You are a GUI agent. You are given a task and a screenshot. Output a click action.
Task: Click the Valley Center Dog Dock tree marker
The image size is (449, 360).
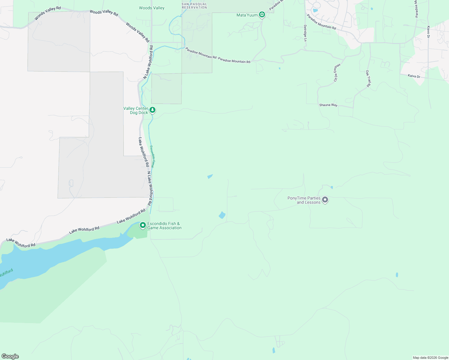[x=152, y=110]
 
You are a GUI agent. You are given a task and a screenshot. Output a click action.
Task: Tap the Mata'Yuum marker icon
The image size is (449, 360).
[x=262, y=14]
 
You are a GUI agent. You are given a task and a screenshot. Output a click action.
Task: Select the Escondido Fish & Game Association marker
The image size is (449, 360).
[x=143, y=225]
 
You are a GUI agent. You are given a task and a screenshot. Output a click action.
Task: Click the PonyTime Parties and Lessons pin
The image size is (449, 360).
[x=325, y=199]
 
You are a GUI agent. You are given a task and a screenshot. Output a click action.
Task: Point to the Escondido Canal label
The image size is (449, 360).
[x=153, y=156]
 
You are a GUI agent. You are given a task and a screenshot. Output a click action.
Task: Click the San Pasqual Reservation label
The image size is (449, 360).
[x=194, y=6]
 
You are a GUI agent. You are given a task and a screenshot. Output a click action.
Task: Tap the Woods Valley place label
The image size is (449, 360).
[x=152, y=8]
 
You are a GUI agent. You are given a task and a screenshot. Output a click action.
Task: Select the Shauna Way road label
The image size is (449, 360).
[x=328, y=105]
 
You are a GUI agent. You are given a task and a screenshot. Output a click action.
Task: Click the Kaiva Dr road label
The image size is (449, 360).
[x=414, y=76]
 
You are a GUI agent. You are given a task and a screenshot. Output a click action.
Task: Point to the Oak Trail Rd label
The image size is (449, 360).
[x=368, y=79]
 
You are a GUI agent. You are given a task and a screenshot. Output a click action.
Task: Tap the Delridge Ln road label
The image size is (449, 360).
[x=305, y=33]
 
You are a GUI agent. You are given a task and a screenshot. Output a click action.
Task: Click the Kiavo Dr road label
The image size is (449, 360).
[x=428, y=32]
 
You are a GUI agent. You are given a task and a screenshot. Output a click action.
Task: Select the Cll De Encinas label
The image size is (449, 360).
[x=337, y=72]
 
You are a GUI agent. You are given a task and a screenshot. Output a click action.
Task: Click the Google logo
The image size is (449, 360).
[x=10, y=356]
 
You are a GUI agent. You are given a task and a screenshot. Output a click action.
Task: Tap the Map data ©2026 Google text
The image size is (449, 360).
[x=430, y=358]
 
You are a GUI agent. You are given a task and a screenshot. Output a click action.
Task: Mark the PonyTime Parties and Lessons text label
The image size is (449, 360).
[x=304, y=200]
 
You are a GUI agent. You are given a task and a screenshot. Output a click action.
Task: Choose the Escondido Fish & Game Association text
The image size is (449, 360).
[x=164, y=226]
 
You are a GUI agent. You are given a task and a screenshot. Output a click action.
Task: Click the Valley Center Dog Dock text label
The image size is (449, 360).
[x=136, y=110]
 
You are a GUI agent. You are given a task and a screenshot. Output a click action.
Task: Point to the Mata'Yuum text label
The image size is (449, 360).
[x=247, y=15]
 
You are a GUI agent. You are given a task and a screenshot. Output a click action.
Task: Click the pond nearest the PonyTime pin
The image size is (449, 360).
[x=332, y=187]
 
